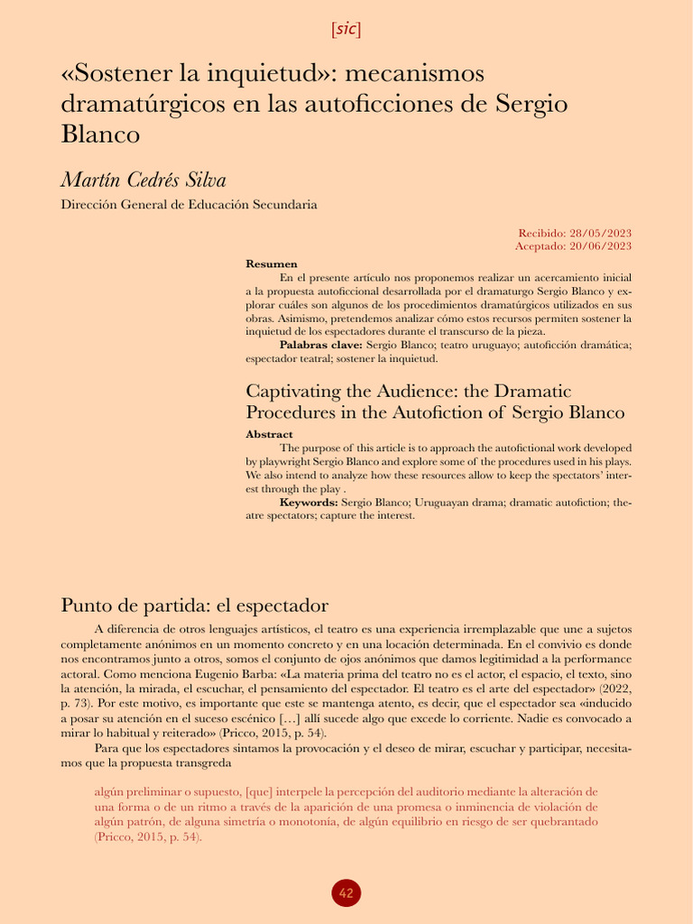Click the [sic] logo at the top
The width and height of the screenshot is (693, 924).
pos(346,29)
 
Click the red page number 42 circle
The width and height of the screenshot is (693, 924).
pos(346,893)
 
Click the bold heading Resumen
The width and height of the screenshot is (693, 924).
pos(272,263)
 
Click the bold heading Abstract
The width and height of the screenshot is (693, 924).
pos(269,434)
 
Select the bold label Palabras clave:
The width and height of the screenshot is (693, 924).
pos(320,346)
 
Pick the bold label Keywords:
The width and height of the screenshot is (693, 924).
pos(309,502)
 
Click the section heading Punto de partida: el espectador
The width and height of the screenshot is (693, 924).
pos(193,604)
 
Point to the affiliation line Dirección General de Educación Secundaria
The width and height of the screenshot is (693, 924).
pos(189,205)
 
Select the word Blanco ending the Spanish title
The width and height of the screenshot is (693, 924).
pos(100,134)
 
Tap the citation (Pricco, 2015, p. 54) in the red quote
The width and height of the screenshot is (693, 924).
pos(148,836)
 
